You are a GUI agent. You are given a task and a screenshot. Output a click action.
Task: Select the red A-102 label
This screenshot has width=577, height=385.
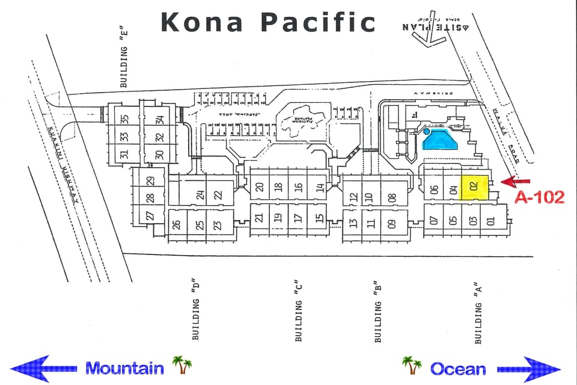[539, 197]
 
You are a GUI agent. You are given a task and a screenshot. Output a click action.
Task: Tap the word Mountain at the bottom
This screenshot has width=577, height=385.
[124, 368]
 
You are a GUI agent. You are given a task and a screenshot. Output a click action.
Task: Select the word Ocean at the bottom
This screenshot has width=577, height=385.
[458, 368]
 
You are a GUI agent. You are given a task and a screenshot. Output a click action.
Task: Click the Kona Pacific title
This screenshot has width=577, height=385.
[268, 22]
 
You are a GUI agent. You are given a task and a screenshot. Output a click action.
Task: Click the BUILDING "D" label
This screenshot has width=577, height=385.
[195, 310]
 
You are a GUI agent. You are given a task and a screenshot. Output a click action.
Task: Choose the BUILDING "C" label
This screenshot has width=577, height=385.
[298, 312]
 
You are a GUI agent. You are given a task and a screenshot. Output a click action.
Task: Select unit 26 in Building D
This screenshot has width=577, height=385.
[177, 225]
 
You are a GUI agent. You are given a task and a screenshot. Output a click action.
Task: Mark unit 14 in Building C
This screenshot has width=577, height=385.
[320, 187]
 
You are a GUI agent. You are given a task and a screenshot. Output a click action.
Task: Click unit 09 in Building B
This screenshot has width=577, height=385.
[392, 225]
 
